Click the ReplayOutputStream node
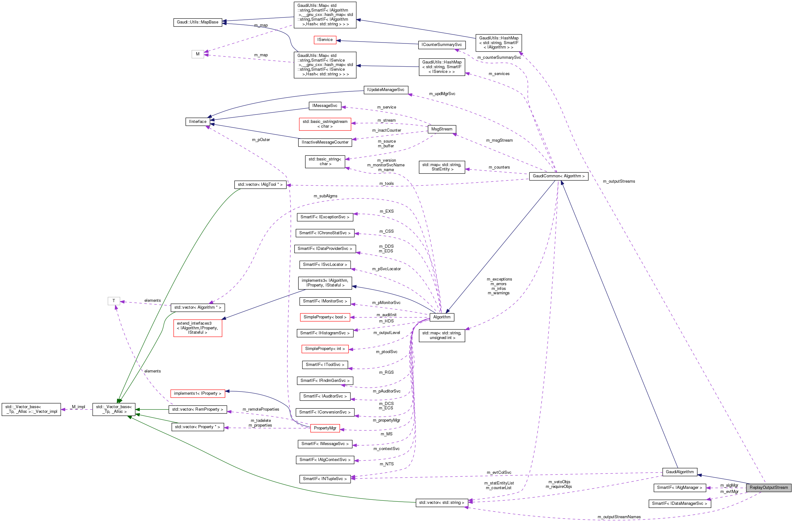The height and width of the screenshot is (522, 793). (768, 487)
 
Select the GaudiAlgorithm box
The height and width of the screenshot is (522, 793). (679, 472)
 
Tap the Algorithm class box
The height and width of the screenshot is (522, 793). (442, 317)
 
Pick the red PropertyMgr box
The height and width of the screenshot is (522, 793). (325, 428)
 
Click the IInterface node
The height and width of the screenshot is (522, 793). (198, 122)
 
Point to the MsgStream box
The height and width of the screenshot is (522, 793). (442, 129)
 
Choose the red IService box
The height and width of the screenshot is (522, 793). (325, 40)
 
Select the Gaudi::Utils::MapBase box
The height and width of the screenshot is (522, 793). (198, 22)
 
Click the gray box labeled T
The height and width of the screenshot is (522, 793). (114, 301)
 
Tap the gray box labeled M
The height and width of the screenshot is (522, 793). (198, 54)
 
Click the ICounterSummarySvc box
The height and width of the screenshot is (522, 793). (441, 45)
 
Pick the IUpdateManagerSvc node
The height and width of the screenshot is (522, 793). (385, 89)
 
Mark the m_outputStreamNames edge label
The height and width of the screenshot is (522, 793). (619, 517)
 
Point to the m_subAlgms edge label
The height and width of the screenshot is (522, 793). (325, 196)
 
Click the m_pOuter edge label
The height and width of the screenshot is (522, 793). (261, 140)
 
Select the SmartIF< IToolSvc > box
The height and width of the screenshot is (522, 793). (325, 365)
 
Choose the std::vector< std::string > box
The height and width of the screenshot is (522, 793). (441, 502)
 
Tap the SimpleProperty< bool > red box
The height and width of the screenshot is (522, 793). (325, 317)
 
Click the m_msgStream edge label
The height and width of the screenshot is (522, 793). (499, 140)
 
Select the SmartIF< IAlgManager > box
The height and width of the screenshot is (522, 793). (679, 487)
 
